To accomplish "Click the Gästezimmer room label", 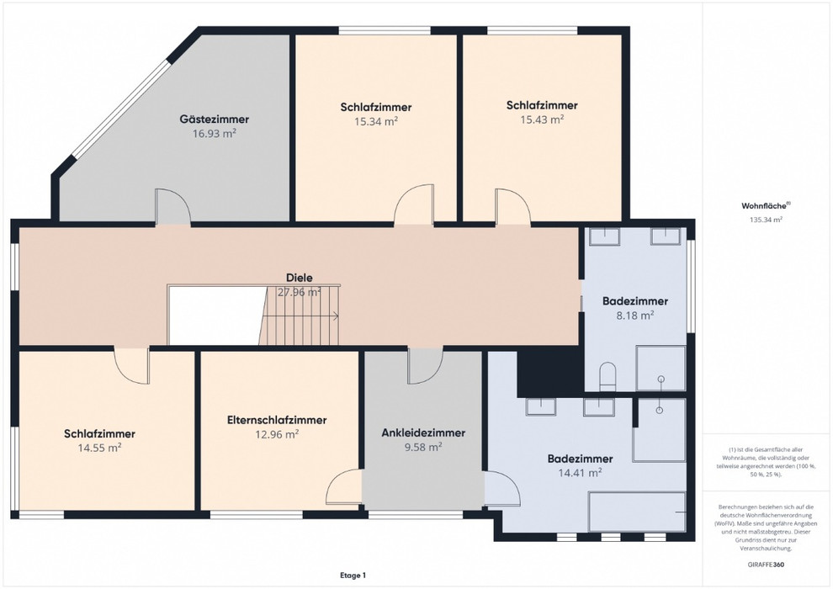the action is (214, 119).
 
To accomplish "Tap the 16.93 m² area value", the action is (214, 133).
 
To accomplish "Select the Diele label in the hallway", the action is (299, 277).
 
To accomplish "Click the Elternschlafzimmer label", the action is (276, 420).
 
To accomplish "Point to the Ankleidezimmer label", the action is (423, 432).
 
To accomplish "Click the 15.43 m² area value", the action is (542, 119).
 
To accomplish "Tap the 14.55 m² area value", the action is (100, 448).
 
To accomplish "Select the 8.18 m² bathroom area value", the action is (634, 315).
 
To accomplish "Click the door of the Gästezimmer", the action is (172, 207).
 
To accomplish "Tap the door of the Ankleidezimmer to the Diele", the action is (425, 365).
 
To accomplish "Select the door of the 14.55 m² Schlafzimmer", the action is (132, 365).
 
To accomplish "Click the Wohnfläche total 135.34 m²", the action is (766, 220).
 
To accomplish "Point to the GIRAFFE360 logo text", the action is (766, 564).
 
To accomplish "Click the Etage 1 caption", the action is (353, 576).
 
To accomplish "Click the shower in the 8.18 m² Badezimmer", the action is (661, 369).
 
